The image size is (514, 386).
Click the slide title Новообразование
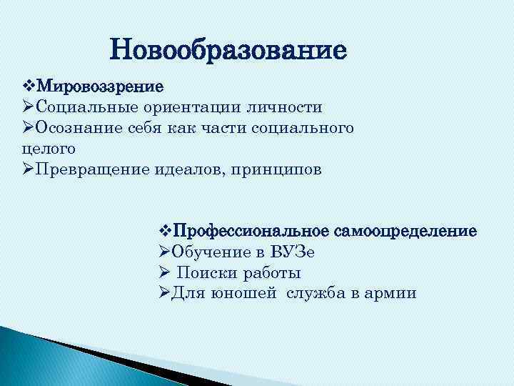coord(228,51)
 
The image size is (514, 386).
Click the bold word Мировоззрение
coord(99,86)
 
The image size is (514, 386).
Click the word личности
coord(288,107)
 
